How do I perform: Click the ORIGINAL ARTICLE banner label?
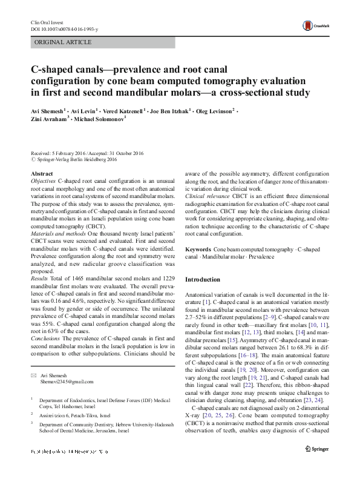pos(64,42)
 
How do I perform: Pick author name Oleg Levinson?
pos(215,111)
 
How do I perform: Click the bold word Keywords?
pos(197,249)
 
